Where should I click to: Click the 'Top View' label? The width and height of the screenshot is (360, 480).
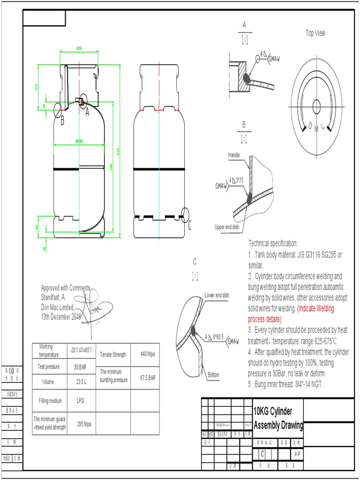[315, 33]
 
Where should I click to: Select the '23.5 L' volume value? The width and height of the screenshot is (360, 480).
[81, 382]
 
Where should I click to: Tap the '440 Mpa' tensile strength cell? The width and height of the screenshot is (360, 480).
[148, 354]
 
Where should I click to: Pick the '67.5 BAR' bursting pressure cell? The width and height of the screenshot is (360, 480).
[148, 378]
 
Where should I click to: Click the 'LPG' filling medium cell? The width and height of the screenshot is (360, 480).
[81, 401]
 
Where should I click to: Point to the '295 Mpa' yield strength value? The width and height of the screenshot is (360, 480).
[84, 424]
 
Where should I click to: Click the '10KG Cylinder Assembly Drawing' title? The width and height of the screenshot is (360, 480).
[278, 419]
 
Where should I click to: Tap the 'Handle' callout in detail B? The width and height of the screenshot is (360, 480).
[234, 155]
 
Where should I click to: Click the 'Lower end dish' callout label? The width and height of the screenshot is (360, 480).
[217, 295]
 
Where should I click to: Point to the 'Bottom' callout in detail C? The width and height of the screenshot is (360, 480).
[213, 375]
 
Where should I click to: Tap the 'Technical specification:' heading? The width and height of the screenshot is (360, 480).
[273, 243]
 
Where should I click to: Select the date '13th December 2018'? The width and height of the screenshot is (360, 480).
[61, 317]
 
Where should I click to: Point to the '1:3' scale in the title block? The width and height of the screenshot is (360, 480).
[297, 453]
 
